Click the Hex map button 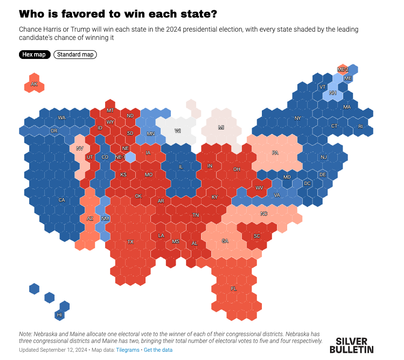tap(34, 55)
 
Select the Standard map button tap(75, 55)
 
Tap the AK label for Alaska tap(34, 84)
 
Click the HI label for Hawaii tap(60, 315)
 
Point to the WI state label tap(178, 131)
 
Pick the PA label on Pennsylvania tap(275, 153)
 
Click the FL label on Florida tap(234, 289)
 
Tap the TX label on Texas tap(130, 242)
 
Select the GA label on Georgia tap(224, 241)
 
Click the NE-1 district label tap(120, 157)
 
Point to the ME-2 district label tap(343, 70)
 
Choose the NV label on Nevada tap(79, 148)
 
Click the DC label tap(307, 184)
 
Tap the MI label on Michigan tap(221, 128)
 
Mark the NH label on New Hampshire tap(333, 93)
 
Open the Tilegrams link tap(128, 350)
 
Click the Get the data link tap(158, 350)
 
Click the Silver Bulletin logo tap(351, 345)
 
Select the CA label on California tap(62, 200)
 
